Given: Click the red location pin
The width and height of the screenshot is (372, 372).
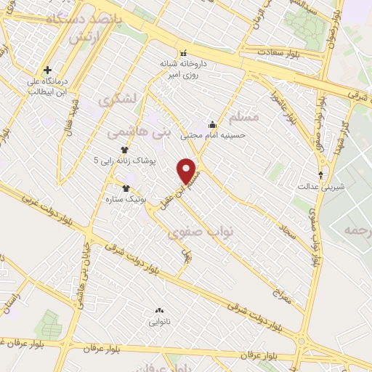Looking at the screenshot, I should (x=189, y=171).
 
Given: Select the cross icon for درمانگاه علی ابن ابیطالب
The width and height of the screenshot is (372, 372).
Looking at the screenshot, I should (x=48, y=70).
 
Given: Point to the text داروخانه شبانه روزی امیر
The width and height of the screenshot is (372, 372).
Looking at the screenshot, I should (x=184, y=68).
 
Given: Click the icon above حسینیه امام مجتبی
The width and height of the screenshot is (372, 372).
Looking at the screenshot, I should (x=212, y=124).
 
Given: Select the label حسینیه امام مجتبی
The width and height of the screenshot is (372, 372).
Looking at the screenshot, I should (x=217, y=134).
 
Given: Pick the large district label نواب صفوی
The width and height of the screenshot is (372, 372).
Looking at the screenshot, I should (x=201, y=232).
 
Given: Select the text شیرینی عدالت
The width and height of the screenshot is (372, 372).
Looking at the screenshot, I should (x=314, y=186).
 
